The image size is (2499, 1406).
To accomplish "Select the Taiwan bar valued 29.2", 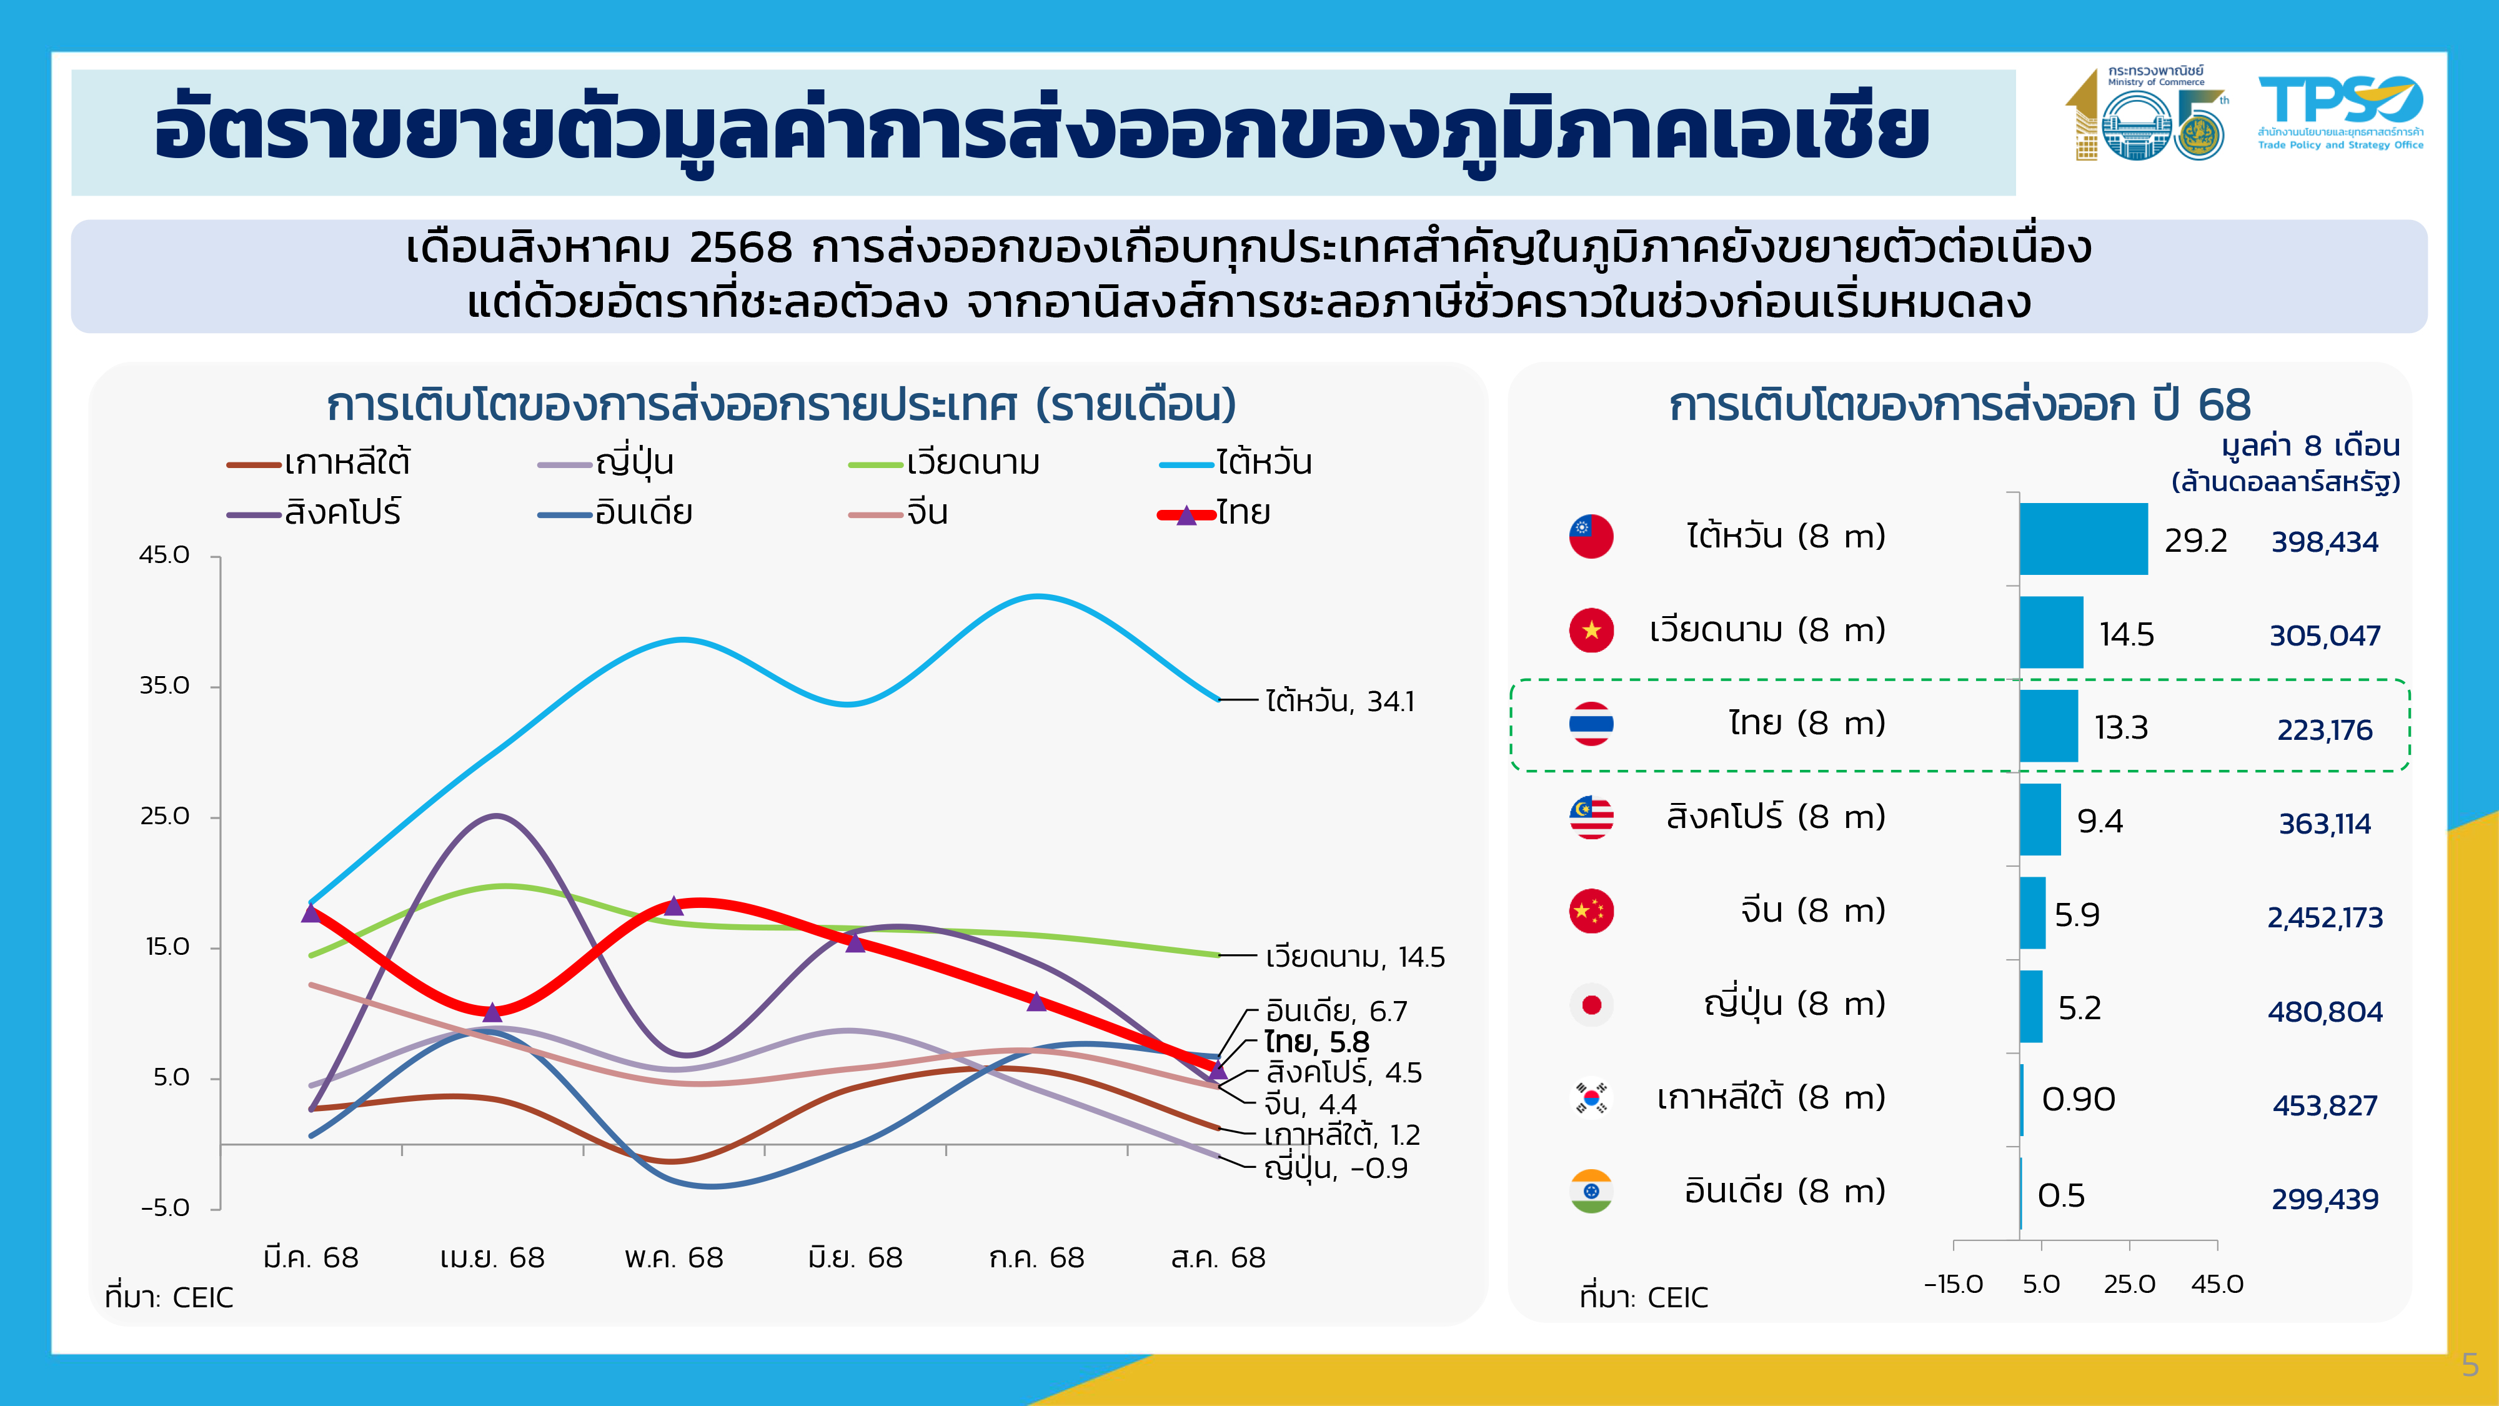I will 2083,539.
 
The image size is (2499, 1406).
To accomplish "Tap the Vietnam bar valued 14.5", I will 2051,632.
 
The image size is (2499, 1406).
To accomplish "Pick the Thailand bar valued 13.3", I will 2048,725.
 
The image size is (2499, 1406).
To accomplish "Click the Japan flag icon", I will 1591,1004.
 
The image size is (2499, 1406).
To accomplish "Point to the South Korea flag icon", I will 1591,1097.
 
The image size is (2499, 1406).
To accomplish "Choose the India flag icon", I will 1591,1192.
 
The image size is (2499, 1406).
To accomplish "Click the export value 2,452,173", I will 2324,917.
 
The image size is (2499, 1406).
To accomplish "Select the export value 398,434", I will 2324,541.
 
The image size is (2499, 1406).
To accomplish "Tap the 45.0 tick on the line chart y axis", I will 165,555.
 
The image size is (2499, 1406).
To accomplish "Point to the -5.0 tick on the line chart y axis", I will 165,1208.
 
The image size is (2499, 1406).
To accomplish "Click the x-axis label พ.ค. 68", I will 673,1257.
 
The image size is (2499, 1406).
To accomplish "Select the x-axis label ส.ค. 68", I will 1218,1257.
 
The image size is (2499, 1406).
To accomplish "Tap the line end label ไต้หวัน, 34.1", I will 1339,701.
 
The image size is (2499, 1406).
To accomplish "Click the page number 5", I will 2470,1365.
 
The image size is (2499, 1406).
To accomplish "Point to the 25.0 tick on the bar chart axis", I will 2129,1284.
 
